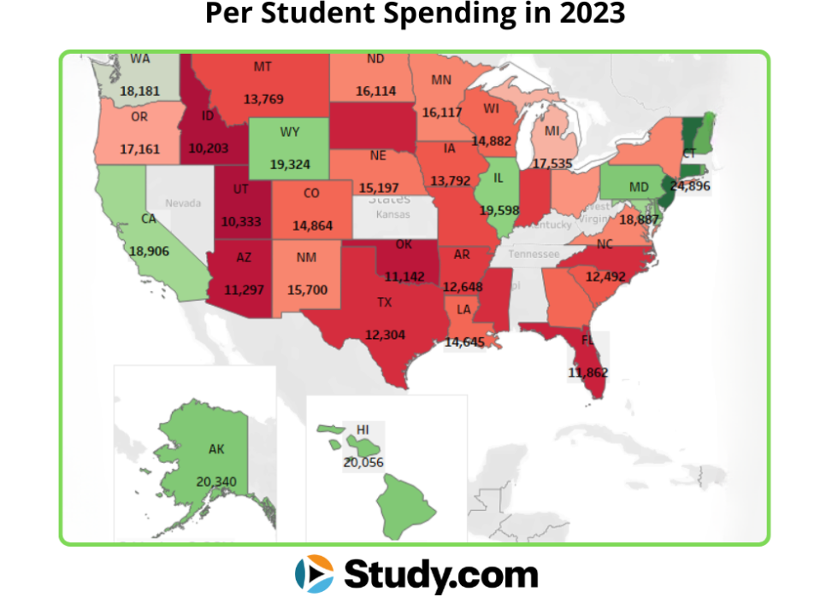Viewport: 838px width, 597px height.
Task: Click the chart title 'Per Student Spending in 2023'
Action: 415,15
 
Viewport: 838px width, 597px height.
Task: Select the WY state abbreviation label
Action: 289,132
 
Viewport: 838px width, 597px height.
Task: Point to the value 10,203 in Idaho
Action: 209,147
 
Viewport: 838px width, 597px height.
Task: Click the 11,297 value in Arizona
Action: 244,290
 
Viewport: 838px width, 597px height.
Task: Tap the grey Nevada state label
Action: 183,203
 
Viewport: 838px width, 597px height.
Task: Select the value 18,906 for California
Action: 149,251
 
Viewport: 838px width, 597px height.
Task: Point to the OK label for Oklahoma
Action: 404,244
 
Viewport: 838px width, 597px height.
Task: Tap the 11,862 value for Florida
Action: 587,372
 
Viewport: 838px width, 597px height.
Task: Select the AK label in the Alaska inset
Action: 216,448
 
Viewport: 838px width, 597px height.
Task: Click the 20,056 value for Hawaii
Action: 363,462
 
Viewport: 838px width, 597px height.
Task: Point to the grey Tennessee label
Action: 534,255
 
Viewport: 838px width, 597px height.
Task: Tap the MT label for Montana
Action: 263,67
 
